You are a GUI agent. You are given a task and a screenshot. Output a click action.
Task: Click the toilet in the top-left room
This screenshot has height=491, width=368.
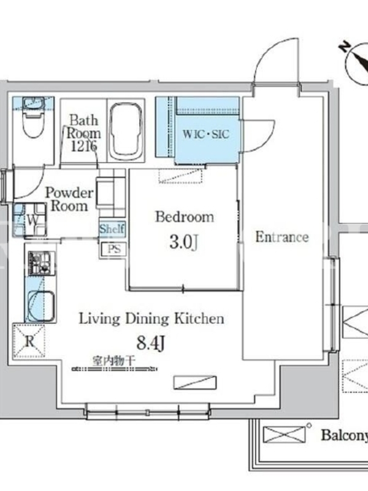click(x=33, y=117)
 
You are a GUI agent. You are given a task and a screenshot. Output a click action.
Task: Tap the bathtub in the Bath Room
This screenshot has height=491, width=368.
click(x=126, y=130)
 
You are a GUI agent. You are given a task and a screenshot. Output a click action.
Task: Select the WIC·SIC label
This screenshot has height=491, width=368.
click(x=206, y=134)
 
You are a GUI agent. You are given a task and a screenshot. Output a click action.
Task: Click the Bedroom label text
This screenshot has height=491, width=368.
click(x=185, y=217)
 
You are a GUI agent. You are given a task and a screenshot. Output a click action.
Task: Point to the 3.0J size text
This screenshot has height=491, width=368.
click(x=183, y=242)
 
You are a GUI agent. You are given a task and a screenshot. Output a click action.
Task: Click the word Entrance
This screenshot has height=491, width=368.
click(x=282, y=237)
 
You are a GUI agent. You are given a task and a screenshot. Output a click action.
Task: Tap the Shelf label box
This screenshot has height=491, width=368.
click(x=112, y=229)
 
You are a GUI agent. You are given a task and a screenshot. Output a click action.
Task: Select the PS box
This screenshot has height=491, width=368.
click(x=114, y=250)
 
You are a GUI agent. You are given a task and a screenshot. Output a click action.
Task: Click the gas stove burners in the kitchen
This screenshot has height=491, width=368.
click(x=40, y=263)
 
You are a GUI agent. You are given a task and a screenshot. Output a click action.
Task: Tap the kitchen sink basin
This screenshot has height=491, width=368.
click(x=40, y=306)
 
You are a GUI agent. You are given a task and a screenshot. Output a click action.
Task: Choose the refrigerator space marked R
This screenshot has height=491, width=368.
click(x=29, y=341)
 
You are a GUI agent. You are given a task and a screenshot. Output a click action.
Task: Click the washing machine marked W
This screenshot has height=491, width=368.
click(x=30, y=220)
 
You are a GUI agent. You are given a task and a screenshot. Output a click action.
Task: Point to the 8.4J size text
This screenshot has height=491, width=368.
click(x=150, y=343)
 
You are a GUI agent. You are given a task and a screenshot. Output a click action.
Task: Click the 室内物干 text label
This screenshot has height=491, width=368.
click(x=113, y=361)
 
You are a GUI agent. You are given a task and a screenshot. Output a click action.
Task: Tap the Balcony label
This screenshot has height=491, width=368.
click(x=344, y=435)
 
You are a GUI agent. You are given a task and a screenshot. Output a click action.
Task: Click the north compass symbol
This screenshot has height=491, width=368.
click(x=358, y=63)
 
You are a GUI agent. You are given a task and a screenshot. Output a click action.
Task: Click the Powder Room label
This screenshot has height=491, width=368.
click(x=69, y=199)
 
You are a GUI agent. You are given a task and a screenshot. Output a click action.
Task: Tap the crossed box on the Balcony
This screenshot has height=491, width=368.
click(x=284, y=435)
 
